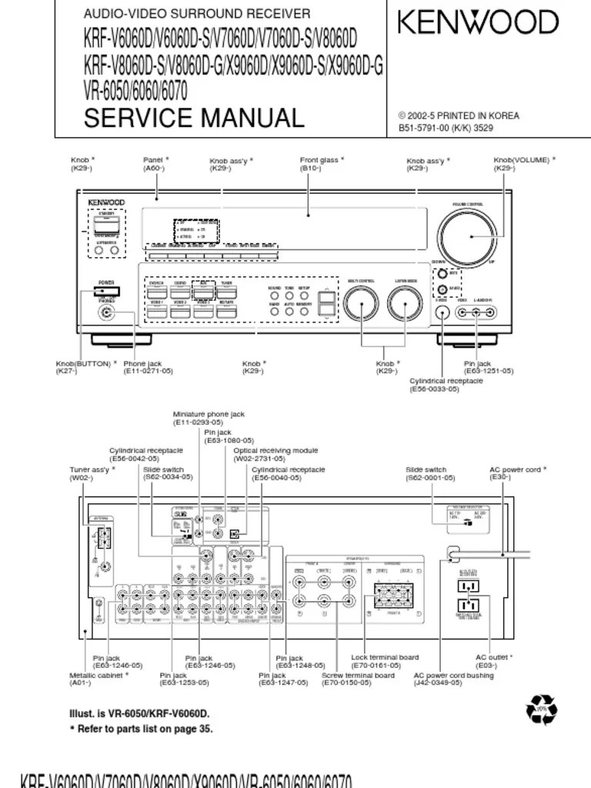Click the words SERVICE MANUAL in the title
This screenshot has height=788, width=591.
point(194,119)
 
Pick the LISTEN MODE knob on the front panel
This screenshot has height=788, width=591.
point(404,306)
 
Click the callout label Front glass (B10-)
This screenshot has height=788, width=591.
point(322,163)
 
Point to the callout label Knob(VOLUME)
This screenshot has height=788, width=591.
point(524,163)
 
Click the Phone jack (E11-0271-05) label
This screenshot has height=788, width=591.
point(148,367)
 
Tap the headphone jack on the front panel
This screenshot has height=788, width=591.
point(105,312)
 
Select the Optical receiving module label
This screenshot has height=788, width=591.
point(275,454)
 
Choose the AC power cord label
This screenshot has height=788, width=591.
point(518,472)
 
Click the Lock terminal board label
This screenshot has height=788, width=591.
point(385,661)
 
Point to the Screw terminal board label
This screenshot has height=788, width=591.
point(358,679)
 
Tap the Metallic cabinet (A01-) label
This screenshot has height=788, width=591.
point(99,679)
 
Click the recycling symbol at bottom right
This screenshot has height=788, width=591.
point(541,709)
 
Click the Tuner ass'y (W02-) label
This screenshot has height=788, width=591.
point(90,472)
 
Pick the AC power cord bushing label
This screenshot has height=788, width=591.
point(454,679)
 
